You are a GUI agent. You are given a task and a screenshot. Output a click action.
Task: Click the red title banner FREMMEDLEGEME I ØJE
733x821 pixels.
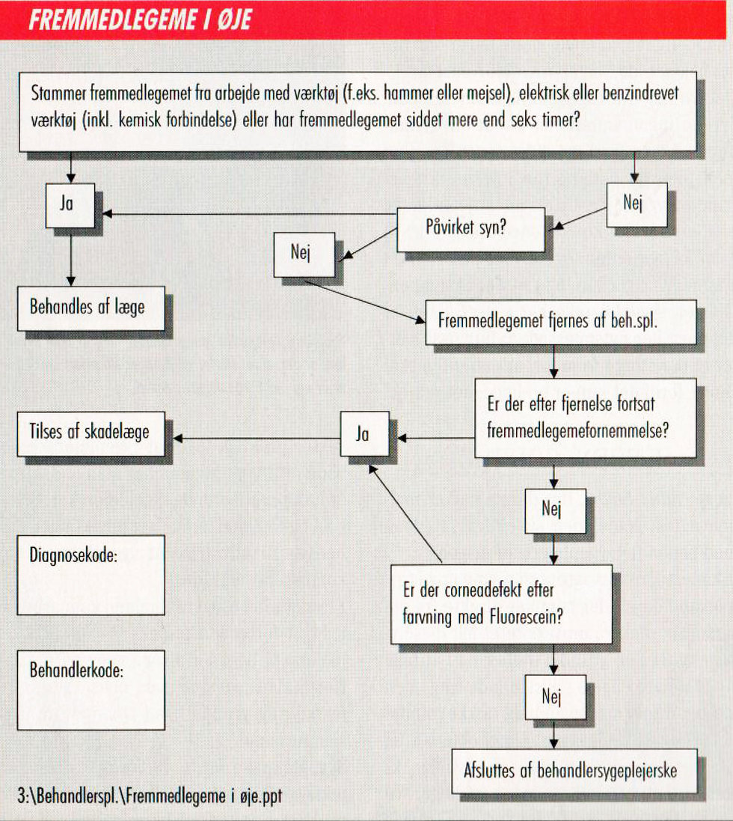click(x=366, y=19)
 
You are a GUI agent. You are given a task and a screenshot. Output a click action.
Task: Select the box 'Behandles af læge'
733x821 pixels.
click(x=91, y=308)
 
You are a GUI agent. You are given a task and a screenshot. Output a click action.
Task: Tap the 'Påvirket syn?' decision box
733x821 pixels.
click(x=470, y=229)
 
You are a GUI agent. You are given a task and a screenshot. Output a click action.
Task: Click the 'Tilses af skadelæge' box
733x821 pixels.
click(x=91, y=432)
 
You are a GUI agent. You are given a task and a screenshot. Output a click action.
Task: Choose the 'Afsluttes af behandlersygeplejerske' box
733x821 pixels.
click(x=574, y=770)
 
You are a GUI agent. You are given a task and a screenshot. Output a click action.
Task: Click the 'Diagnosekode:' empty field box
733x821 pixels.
click(x=91, y=575)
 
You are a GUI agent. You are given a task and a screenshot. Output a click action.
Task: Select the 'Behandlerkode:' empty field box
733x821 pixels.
click(x=91, y=689)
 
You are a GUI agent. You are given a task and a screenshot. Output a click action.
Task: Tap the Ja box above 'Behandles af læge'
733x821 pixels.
click(x=70, y=204)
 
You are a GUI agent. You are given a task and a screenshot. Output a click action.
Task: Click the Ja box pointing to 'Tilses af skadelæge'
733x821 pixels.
click(x=364, y=434)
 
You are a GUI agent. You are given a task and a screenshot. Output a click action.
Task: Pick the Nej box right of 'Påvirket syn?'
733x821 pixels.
click(x=636, y=205)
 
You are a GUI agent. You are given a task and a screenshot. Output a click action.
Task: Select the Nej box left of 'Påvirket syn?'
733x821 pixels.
click(x=304, y=254)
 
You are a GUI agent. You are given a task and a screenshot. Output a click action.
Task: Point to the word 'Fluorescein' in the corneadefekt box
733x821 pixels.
click(x=527, y=620)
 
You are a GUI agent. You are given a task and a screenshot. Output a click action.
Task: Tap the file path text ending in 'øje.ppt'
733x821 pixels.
click(x=150, y=796)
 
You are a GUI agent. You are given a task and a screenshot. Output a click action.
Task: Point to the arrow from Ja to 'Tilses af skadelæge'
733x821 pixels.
click(x=254, y=439)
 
